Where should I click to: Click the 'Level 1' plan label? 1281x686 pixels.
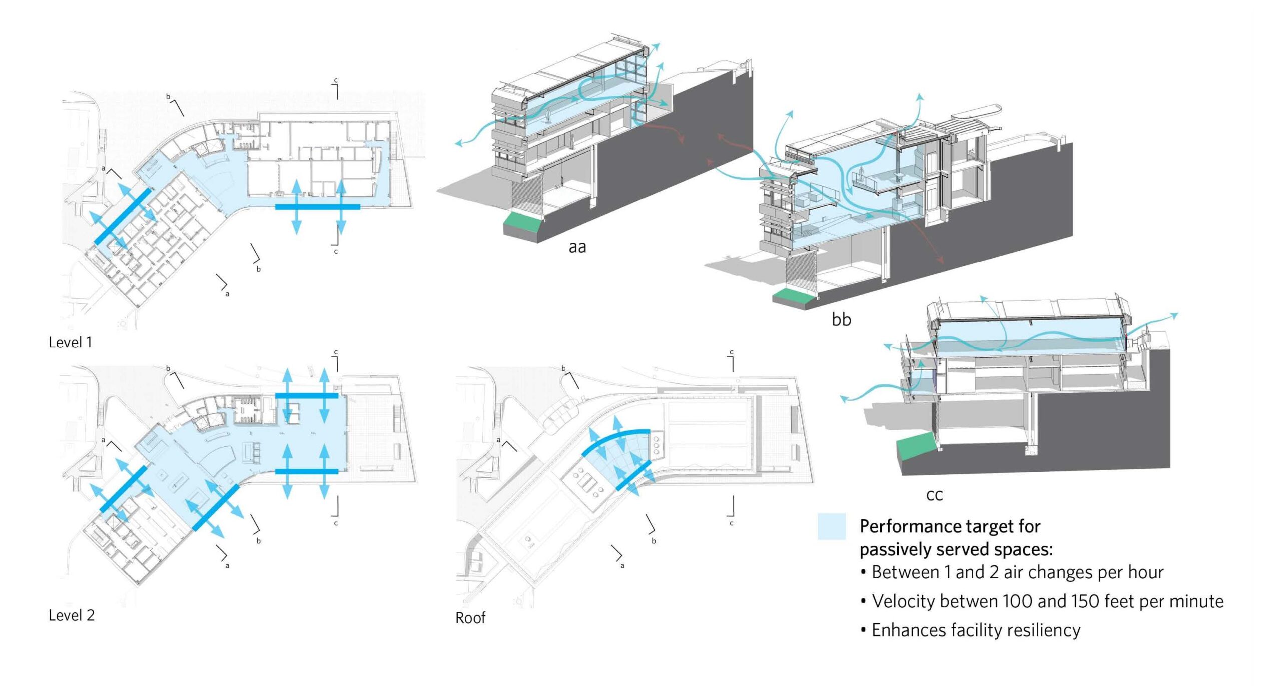(x=70, y=343)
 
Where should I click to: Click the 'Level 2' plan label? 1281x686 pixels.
(x=71, y=615)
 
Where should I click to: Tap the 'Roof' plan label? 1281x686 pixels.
(x=470, y=618)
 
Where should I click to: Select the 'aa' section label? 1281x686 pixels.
(x=577, y=247)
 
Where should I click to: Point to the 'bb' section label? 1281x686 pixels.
(x=841, y=319)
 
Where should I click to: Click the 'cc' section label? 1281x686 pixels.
(x=934, y=495)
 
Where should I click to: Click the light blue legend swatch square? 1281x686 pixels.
(x=831, y=526)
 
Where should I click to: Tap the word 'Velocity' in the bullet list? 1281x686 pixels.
(x=901, y=601)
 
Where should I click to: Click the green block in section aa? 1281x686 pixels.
(x=523, y=220)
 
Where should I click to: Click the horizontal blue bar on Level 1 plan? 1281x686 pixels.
(x=317, y=206)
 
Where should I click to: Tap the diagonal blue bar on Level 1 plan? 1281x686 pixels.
(x=123, y=216)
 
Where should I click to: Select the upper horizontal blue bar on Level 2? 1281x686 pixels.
(x=306, y=396)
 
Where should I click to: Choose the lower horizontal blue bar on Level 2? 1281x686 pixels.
(x=306, y=471)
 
